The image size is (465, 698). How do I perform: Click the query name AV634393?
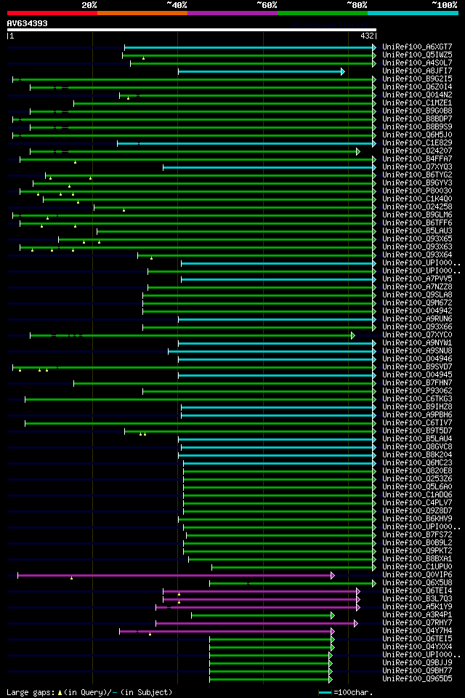pyautogui.click(x=28, y=23)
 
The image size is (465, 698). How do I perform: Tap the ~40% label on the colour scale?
pyautogui.click(x=177, y=4)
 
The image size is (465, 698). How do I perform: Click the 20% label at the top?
pyautogui.click(x=89, y=4)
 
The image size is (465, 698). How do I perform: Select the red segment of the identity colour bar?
pyautogui.click(x=52, y=13)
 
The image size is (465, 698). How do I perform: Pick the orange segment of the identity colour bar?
pyautogui.click(x=142, y=13)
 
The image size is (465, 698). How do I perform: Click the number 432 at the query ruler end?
pyautogui.click(x=367, y=36)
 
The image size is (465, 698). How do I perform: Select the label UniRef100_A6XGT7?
pyautogui.click(x=417, y=47)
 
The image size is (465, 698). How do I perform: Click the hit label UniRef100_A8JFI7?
pyautogui.click(x=417, y=71)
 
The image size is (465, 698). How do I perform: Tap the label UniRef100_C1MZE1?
pyautogui.click(x=417, y=103)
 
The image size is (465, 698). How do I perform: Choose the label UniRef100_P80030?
pyautogui.click(x=417, y=191)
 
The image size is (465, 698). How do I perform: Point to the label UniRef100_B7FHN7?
pyautogui.click(x=417, y=382)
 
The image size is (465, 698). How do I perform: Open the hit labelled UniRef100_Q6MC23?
pyautogui.click(x=417, y=463)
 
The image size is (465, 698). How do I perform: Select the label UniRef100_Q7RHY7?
pyautogui.click(x=417, y=623)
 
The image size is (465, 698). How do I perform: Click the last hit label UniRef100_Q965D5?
pyautogui.click(x=417, y=679)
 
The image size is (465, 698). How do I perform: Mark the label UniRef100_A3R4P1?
pyautogui.click(x=417, y=615)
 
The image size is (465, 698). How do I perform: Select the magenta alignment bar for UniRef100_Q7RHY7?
pyautogui.click(x=255, y=623)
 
